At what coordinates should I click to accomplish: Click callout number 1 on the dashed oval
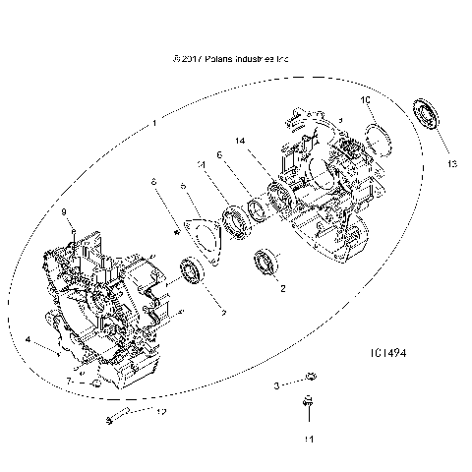coord(153,125)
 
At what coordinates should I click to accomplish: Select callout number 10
coord(363,101)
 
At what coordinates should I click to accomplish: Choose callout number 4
coord(29,341)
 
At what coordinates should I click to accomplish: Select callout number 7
coord(69,379)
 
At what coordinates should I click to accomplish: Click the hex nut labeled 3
coord(307,377)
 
